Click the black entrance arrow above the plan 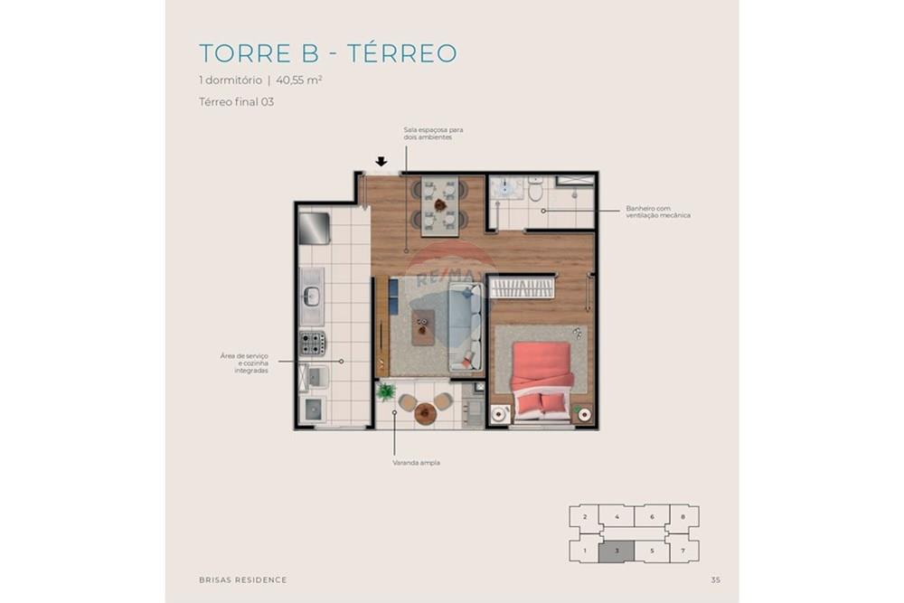381,162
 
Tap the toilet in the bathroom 535,191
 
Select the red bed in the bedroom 541,377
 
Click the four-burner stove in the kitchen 313,343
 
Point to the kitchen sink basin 312,295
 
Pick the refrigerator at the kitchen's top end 313,227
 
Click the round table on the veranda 425,413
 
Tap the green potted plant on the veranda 386,392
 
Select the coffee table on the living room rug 423,326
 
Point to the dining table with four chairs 439,205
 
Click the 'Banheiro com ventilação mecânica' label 657,212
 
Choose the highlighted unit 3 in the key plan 616,550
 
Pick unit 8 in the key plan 683,517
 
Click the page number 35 715,579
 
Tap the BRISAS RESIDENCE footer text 242,579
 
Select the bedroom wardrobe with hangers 523,287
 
